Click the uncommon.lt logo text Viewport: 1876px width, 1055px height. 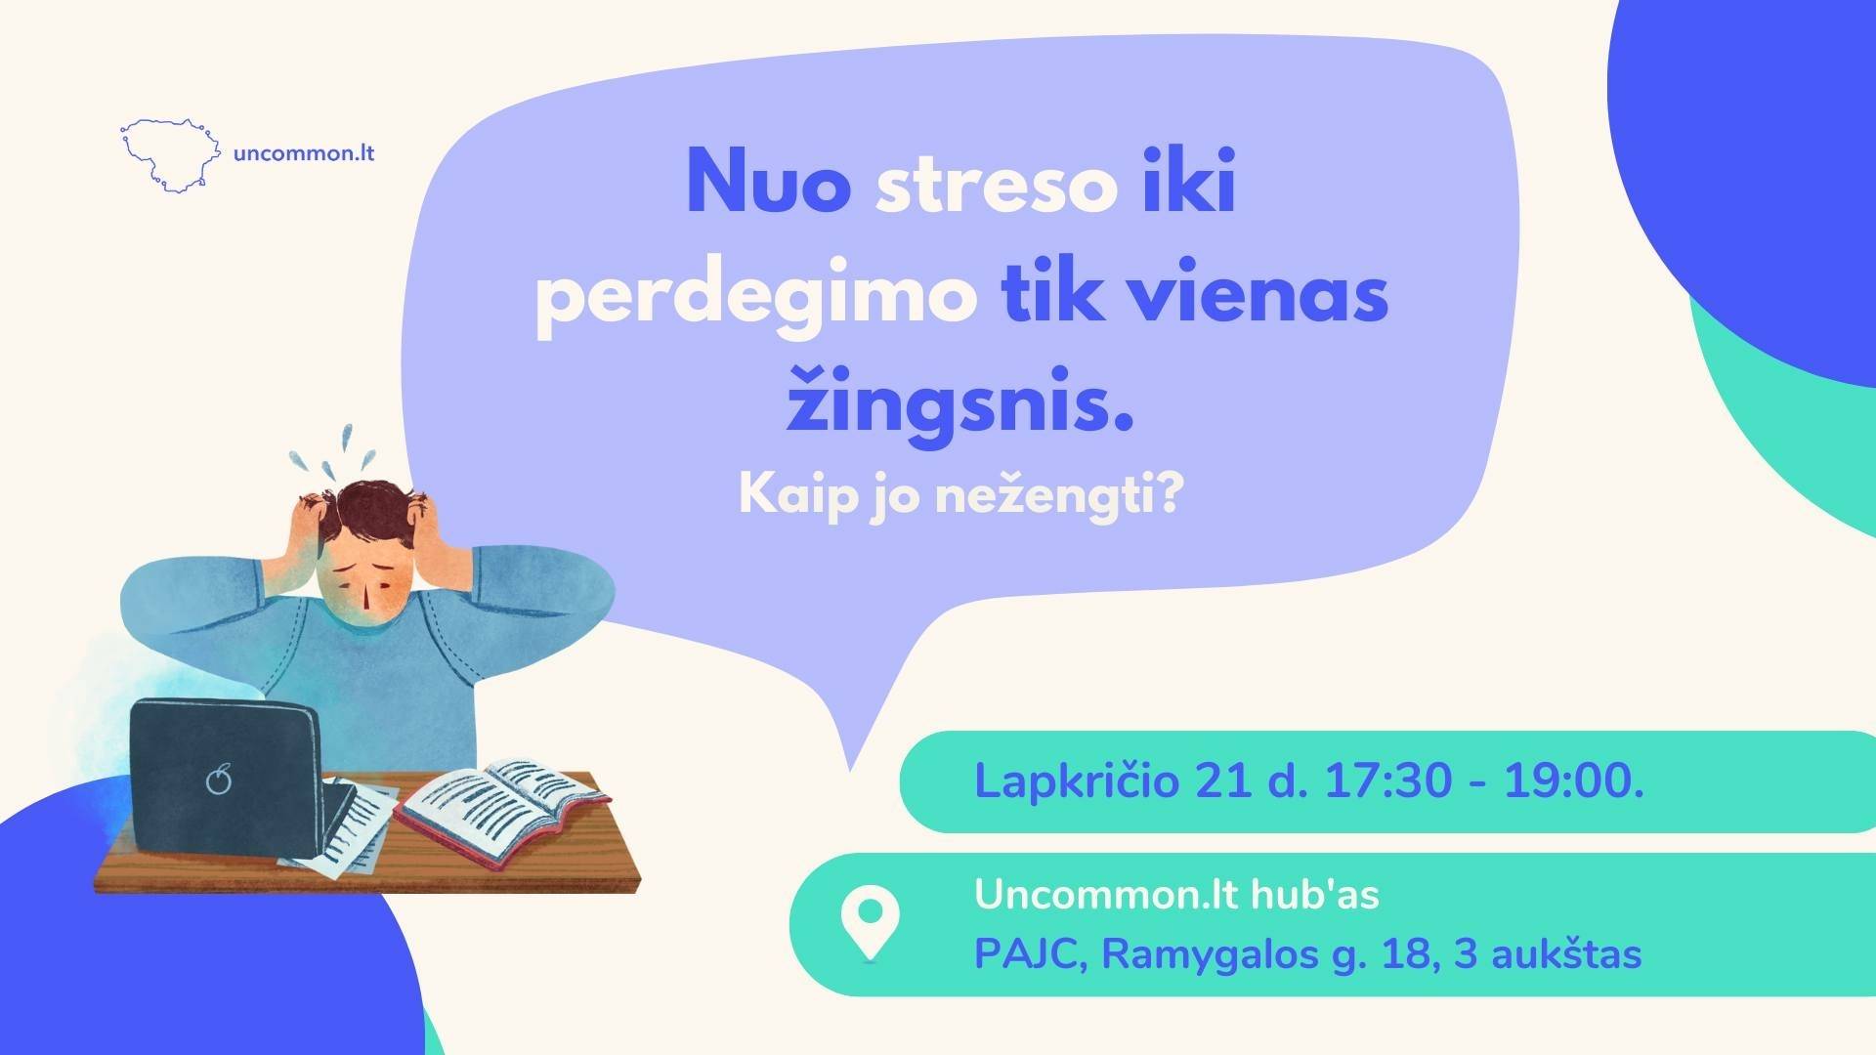point(305,153)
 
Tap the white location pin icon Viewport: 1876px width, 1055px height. point(871,923)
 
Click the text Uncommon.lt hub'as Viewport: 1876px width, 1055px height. point(1176,895)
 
